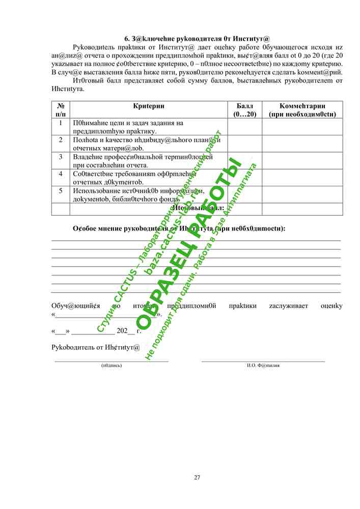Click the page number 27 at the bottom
point(197,477)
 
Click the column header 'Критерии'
point(148,106)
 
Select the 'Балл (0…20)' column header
point(245,110)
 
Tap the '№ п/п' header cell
point(61,110)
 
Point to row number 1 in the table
point(61,123)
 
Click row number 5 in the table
point(61,191)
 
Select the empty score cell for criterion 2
point(245,144)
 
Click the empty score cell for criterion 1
point(245,127)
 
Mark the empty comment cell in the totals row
point(302,209)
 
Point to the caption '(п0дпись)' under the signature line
point(112,365)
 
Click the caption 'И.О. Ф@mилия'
point(263,365)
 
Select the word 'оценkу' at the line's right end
point(331,306)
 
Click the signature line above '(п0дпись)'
point(112,361)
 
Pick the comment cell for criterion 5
point(302,194)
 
